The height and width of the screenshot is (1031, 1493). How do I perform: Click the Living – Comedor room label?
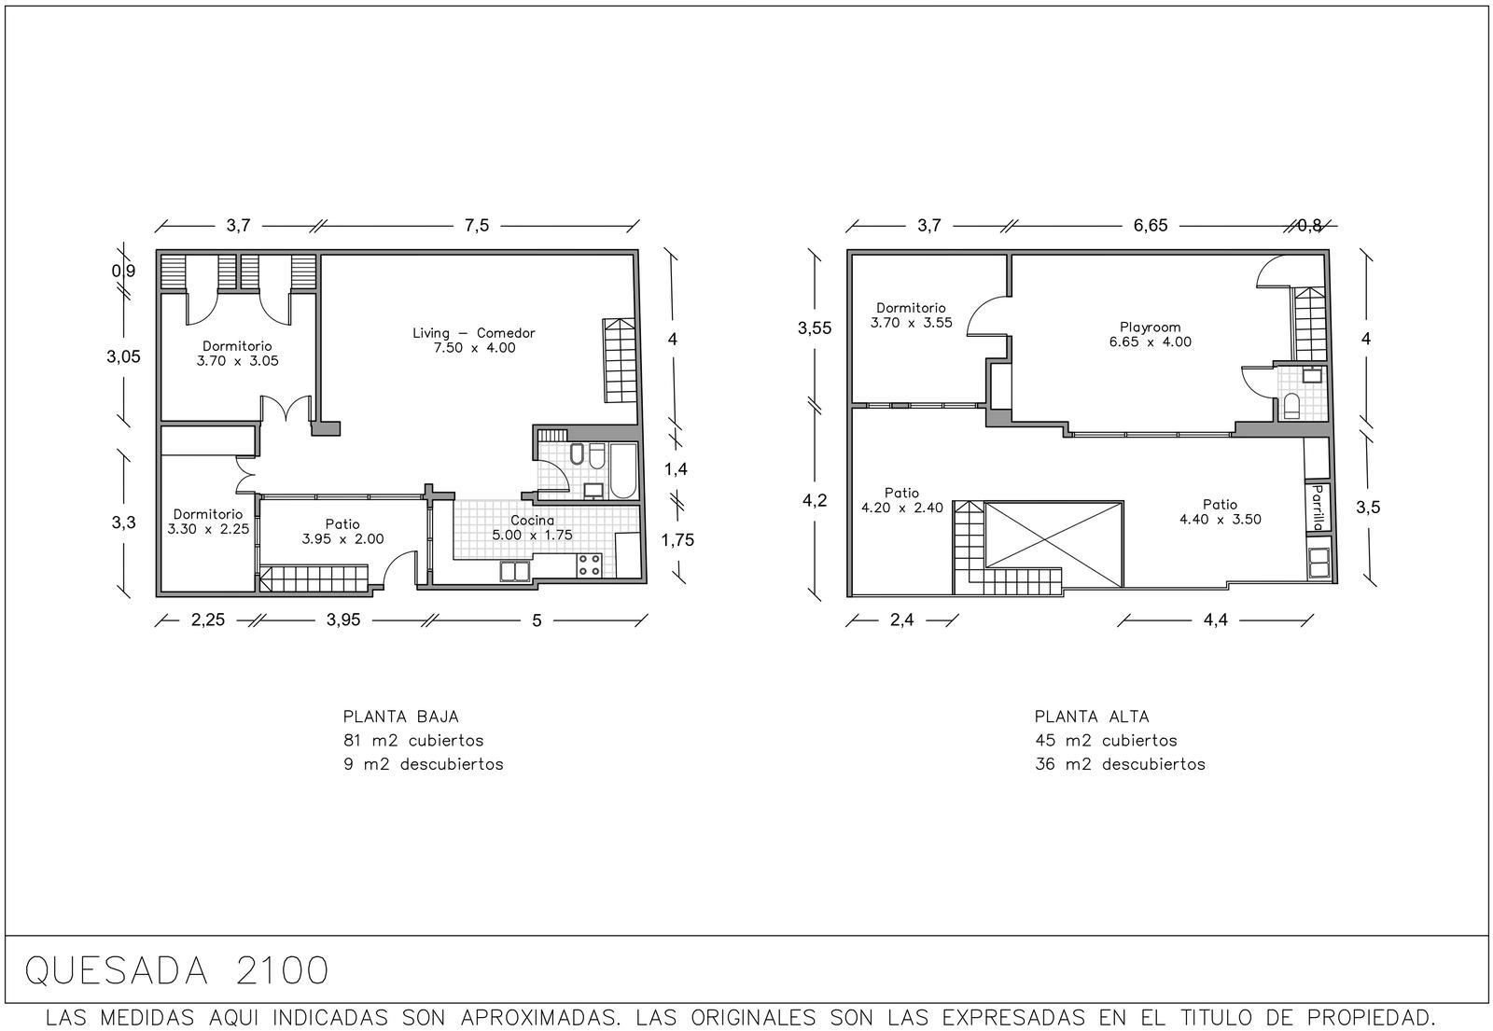pos(474,340)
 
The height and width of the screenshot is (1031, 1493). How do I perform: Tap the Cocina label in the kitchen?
pos(532,520)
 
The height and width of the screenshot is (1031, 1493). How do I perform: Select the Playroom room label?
pos(1150,327)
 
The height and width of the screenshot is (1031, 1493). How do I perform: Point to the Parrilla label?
pos(1317,507)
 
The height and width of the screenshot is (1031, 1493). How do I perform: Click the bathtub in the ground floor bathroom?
pos(623,470)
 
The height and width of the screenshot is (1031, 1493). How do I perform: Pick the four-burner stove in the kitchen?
pos(589,565)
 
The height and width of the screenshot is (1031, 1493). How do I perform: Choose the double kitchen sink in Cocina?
pos(515,571)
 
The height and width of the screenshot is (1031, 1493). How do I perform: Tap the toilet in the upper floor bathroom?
pos(1291,406)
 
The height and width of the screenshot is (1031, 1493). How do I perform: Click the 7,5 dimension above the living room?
pos(477,225)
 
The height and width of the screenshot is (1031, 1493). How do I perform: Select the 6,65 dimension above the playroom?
pos(1151,225)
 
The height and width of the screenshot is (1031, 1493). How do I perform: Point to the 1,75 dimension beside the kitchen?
pos(677,540)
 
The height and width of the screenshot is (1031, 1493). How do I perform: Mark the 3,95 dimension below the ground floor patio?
pos(343,620)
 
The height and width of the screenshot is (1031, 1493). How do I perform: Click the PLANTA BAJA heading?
pos(400,717)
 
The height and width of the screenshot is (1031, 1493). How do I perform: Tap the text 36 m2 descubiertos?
pos(1120,764)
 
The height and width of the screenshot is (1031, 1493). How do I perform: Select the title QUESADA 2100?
pos(176,970)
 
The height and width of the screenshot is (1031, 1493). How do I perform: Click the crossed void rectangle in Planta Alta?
pos(1053,544)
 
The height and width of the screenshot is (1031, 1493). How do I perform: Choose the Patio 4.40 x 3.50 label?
pos(1220,512)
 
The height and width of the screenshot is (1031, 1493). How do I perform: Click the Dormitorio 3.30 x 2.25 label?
pos(208,522)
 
